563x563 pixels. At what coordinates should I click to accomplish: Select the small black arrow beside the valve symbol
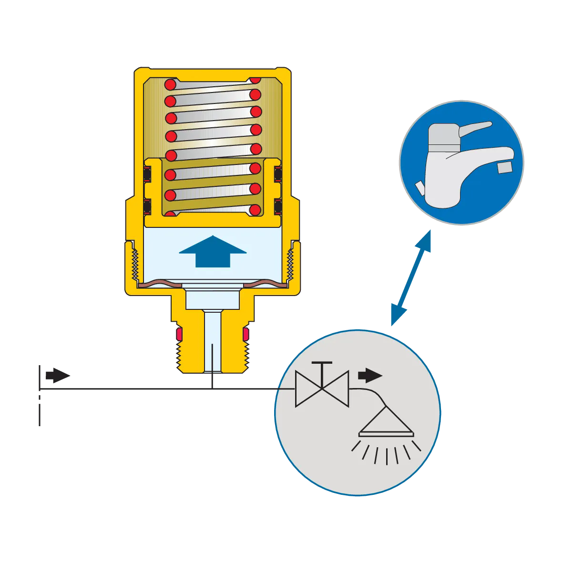tap(370, 375)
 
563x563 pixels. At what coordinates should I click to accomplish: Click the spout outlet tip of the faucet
tap(505, 166)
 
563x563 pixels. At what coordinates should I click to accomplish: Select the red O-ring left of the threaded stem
tap(179, 332)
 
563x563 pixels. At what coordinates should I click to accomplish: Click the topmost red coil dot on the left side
tap(170, 85)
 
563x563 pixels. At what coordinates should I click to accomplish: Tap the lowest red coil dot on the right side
tap(255, 209)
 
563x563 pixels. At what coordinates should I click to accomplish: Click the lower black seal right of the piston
tap(278, 207)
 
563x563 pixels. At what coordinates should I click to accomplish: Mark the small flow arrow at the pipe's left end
tap(59, 376)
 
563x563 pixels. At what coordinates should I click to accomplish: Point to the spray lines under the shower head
tap(386, 453)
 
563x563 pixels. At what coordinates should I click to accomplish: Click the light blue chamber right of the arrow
tap(267, 253)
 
